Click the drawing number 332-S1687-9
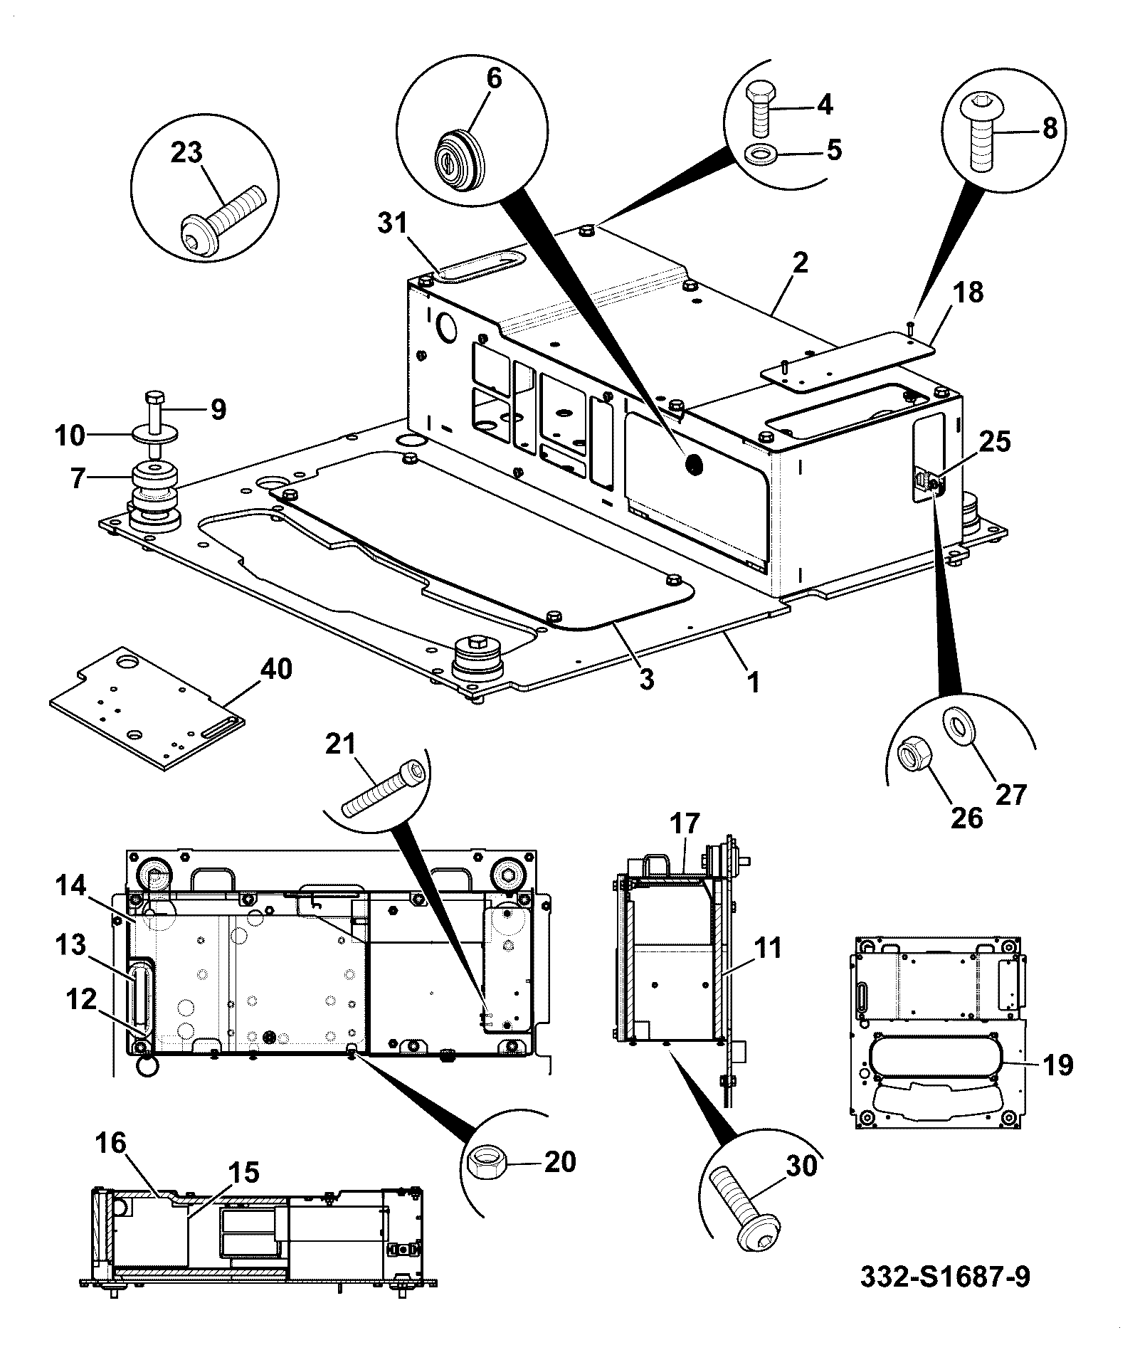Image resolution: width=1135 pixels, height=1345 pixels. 944,1277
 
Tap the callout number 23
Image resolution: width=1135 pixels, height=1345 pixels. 186,152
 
